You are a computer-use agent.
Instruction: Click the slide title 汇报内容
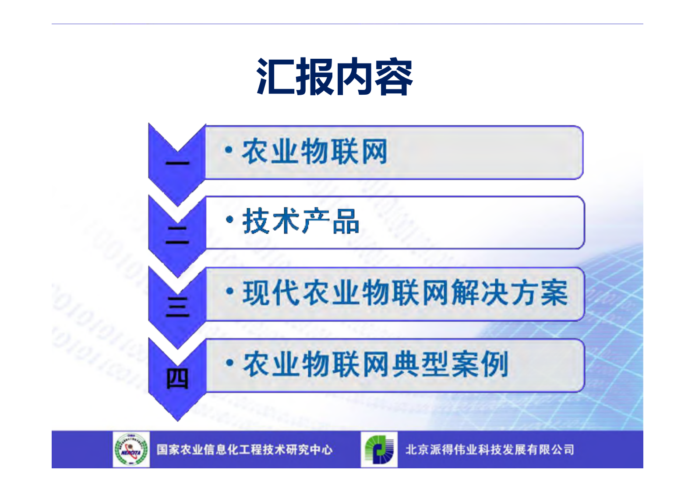click(335, 77)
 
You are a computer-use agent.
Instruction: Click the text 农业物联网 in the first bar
click(314, 152)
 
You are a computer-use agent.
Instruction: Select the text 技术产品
click(301, 221)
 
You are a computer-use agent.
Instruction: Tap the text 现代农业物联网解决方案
click(405, 293)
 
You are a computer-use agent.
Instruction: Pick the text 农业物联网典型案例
click(375, 364)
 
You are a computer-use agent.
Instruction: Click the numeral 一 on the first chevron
click(177, 164)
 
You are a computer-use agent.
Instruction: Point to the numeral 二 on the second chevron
click(177, 235)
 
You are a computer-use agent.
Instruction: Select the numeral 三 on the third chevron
click(177, 307)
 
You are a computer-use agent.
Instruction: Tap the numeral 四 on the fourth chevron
click(177, 378)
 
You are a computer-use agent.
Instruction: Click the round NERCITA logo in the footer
click(131, 449)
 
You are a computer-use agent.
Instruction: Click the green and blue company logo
click(379, 449)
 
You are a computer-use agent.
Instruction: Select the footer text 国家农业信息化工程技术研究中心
click(244, 450)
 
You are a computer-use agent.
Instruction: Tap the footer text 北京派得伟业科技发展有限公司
click(490, 450)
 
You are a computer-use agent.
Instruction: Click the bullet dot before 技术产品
click(229, 219)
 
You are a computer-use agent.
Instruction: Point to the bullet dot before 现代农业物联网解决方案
click(229, 291)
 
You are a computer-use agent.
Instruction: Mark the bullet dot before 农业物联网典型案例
click(229, 363)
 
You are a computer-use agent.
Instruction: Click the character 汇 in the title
click(275, 77)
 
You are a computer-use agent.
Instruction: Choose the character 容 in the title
click(394, 77)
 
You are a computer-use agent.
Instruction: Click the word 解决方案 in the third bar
click(510, 293)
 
